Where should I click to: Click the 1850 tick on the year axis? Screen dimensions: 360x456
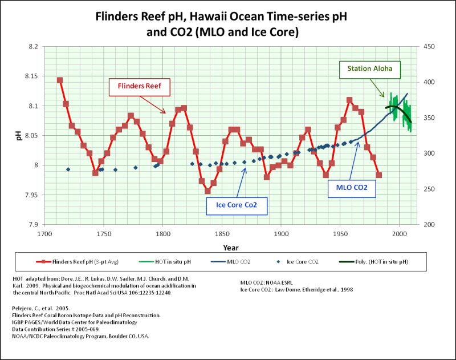pyautogui.click(x=222, y=233)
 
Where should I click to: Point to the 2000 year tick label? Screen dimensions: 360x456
pyautogui.click(x=399, y=233)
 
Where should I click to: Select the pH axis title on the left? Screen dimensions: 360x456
pyautogui.click(x=11, y=136)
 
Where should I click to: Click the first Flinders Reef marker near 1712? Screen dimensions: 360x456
pyautogui.click(x=60, y=80)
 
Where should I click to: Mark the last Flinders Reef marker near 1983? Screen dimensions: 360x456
pyautogui.click(x=379, y=175)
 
